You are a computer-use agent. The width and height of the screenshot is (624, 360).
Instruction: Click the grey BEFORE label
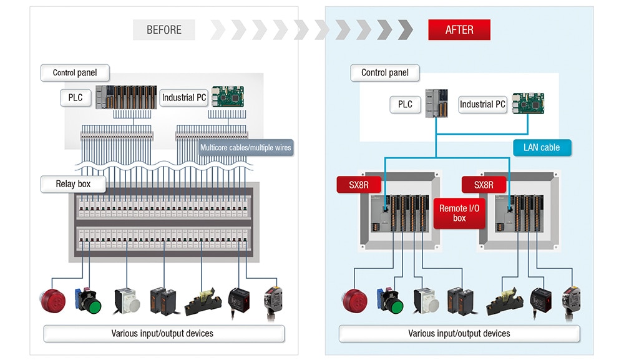(x=164, y=30)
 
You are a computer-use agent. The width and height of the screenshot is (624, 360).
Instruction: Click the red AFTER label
(x=459, y=30)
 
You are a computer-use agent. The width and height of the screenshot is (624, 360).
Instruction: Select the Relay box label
(x=74, y=184)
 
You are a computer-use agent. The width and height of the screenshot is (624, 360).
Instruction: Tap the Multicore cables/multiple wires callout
(x=245, y=148)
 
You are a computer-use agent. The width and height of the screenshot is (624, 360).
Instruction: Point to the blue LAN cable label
(x=542, y=148)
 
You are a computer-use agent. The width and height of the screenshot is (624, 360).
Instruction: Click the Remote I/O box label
(x=459, y=213)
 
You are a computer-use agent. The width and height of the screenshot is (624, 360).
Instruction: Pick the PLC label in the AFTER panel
(x=405, y=104)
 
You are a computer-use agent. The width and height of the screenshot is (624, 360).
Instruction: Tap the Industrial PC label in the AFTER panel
(x=482, y=104)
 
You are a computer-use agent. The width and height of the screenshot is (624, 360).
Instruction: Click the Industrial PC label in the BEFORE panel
(x=183, y=97)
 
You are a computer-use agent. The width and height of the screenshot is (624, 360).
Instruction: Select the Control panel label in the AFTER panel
(x=384, y=72)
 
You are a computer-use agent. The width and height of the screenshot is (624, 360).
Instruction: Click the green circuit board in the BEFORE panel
(x=228, y=96)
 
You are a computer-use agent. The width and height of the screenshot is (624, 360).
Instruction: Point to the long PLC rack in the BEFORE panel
(x=126, y=97)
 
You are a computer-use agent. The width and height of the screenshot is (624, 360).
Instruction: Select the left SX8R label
(x=359, y=185)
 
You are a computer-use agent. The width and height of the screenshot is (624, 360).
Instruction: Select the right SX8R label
(x=483, y=185)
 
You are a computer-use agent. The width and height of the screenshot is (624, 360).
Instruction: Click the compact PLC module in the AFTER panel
(x=437, y=103)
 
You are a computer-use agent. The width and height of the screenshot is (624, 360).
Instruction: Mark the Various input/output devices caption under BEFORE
(x=163, y=333)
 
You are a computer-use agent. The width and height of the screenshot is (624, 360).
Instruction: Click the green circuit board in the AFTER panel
(x=528, y=103)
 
